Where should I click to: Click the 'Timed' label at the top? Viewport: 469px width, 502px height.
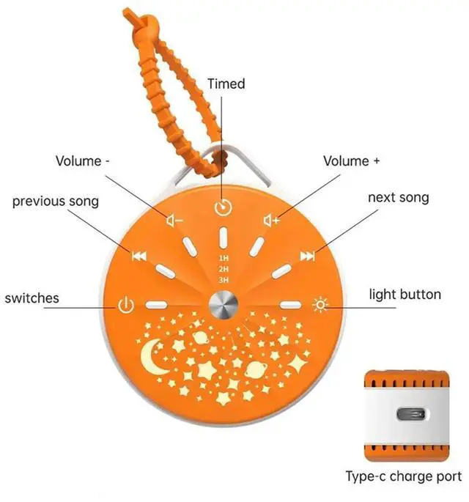(226, 84)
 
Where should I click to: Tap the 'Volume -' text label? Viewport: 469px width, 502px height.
(84, 160)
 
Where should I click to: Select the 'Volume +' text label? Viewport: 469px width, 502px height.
(352, 160)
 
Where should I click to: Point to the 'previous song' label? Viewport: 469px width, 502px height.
(55, 201)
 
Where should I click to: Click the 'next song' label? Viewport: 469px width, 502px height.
(398, 197)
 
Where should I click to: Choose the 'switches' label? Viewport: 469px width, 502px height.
(32, 298)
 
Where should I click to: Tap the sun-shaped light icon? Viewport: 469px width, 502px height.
(320, 304)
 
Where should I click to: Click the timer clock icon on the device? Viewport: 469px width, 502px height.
(222, 207)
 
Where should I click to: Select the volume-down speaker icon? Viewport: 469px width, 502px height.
(174, 219)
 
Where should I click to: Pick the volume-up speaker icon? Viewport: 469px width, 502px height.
(272, 219)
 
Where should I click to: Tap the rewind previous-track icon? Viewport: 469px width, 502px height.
(138, 256)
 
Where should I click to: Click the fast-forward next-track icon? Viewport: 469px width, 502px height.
(308, 256)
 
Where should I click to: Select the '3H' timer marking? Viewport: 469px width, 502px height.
(223, 279)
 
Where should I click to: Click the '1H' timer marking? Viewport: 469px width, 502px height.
(223, 259)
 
